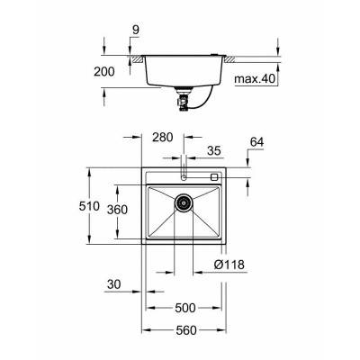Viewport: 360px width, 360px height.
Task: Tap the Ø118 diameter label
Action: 229,265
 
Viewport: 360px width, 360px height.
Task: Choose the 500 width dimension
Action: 185,308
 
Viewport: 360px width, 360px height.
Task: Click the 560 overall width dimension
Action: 185,329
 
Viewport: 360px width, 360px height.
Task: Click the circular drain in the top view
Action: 184,205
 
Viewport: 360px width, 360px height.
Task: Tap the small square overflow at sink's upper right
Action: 215,176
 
